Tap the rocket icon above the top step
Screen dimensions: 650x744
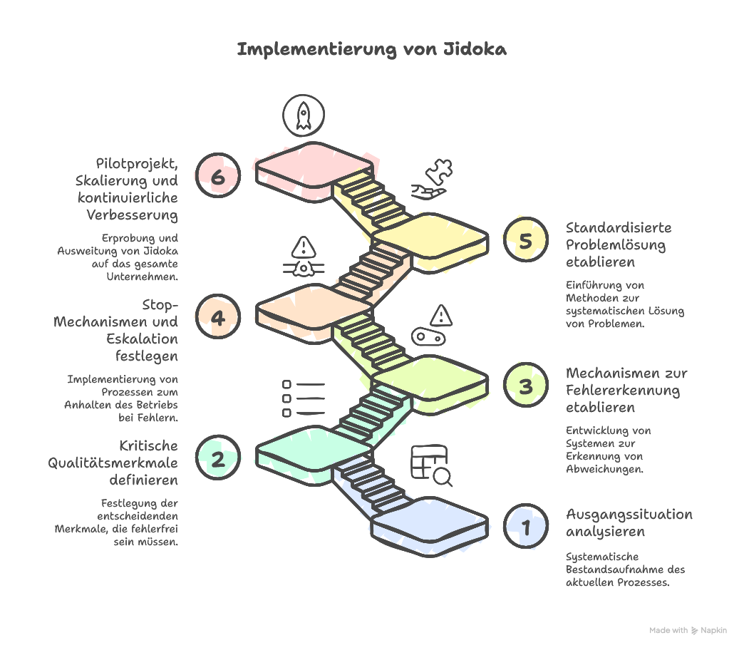303,115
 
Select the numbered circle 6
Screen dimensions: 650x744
217,176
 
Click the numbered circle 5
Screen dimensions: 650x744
525,241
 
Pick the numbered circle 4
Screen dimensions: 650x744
217,317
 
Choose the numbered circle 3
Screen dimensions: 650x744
525,386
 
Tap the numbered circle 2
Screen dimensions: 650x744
217,459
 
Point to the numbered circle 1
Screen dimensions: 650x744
525,528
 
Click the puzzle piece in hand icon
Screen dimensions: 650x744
432,180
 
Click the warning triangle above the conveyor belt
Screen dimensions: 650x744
441,315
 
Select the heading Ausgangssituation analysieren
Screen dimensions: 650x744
629,522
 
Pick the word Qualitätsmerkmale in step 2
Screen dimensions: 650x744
113,463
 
